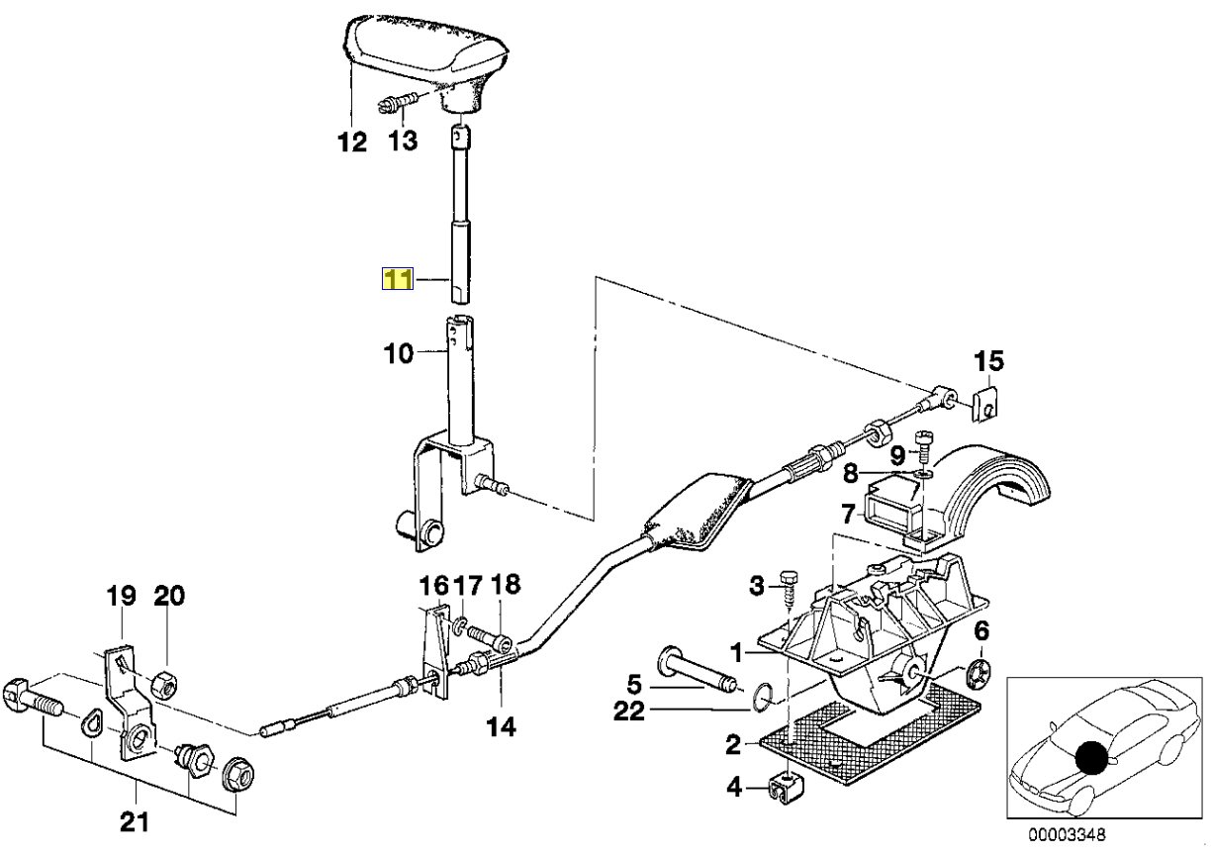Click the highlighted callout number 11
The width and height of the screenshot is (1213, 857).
coord(397,280)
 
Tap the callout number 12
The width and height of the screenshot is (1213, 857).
coord(351,142)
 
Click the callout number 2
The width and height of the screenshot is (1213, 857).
coord(733,742)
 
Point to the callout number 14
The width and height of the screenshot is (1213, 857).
coord(502,727)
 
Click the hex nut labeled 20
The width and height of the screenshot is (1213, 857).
coord(164,682)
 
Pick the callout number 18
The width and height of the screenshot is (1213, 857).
coord(505,585)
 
